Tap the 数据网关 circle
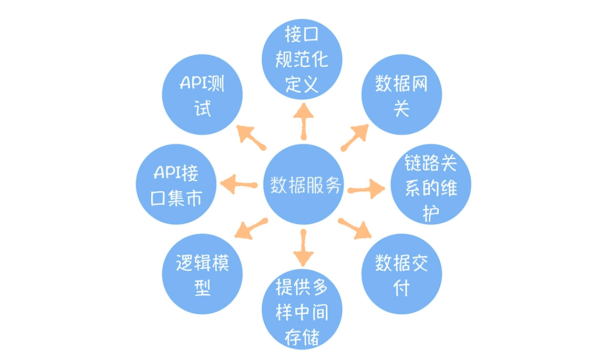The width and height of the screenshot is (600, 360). point(401,95)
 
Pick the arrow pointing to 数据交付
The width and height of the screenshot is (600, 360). point(355,229)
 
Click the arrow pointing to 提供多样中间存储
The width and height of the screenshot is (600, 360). point(303,248)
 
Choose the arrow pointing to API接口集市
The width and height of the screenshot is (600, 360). point(238,183)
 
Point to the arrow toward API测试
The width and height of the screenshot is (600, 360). point(251,137)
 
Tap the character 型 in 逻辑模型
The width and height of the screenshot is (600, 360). point(203,287)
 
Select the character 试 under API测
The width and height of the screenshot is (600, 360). point(203,109)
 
